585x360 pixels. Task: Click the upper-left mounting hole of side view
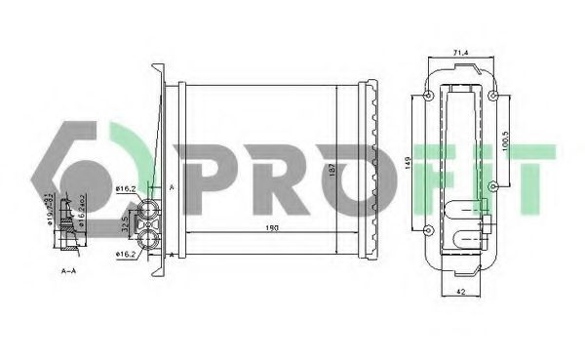[430, 96]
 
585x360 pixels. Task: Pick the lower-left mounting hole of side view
[430, 230]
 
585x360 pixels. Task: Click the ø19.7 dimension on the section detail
[49, 209]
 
